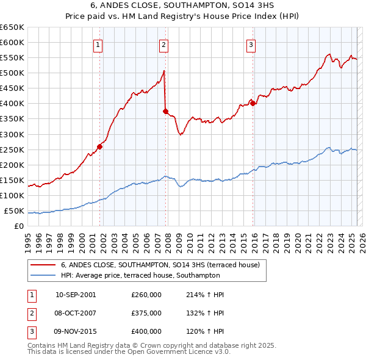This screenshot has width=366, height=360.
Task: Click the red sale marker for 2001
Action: (99, 146)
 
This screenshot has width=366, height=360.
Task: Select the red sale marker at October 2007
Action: (165, 111)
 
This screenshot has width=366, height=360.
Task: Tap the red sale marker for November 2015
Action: (253, 103)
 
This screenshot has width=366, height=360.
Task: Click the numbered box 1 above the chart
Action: (98, 43)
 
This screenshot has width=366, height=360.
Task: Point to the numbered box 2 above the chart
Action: (164, 43)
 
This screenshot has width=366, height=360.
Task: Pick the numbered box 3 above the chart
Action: (251, 43)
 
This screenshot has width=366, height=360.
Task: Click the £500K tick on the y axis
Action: (12, 73)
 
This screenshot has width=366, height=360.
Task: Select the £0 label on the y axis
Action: (19, 226)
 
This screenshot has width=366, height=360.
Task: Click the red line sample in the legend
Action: (42, 265)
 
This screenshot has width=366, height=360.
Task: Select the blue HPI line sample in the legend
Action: (42, 275)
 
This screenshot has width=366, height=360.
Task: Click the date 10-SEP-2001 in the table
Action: (76, 295)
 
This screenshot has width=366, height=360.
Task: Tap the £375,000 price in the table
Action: (146, 313)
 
